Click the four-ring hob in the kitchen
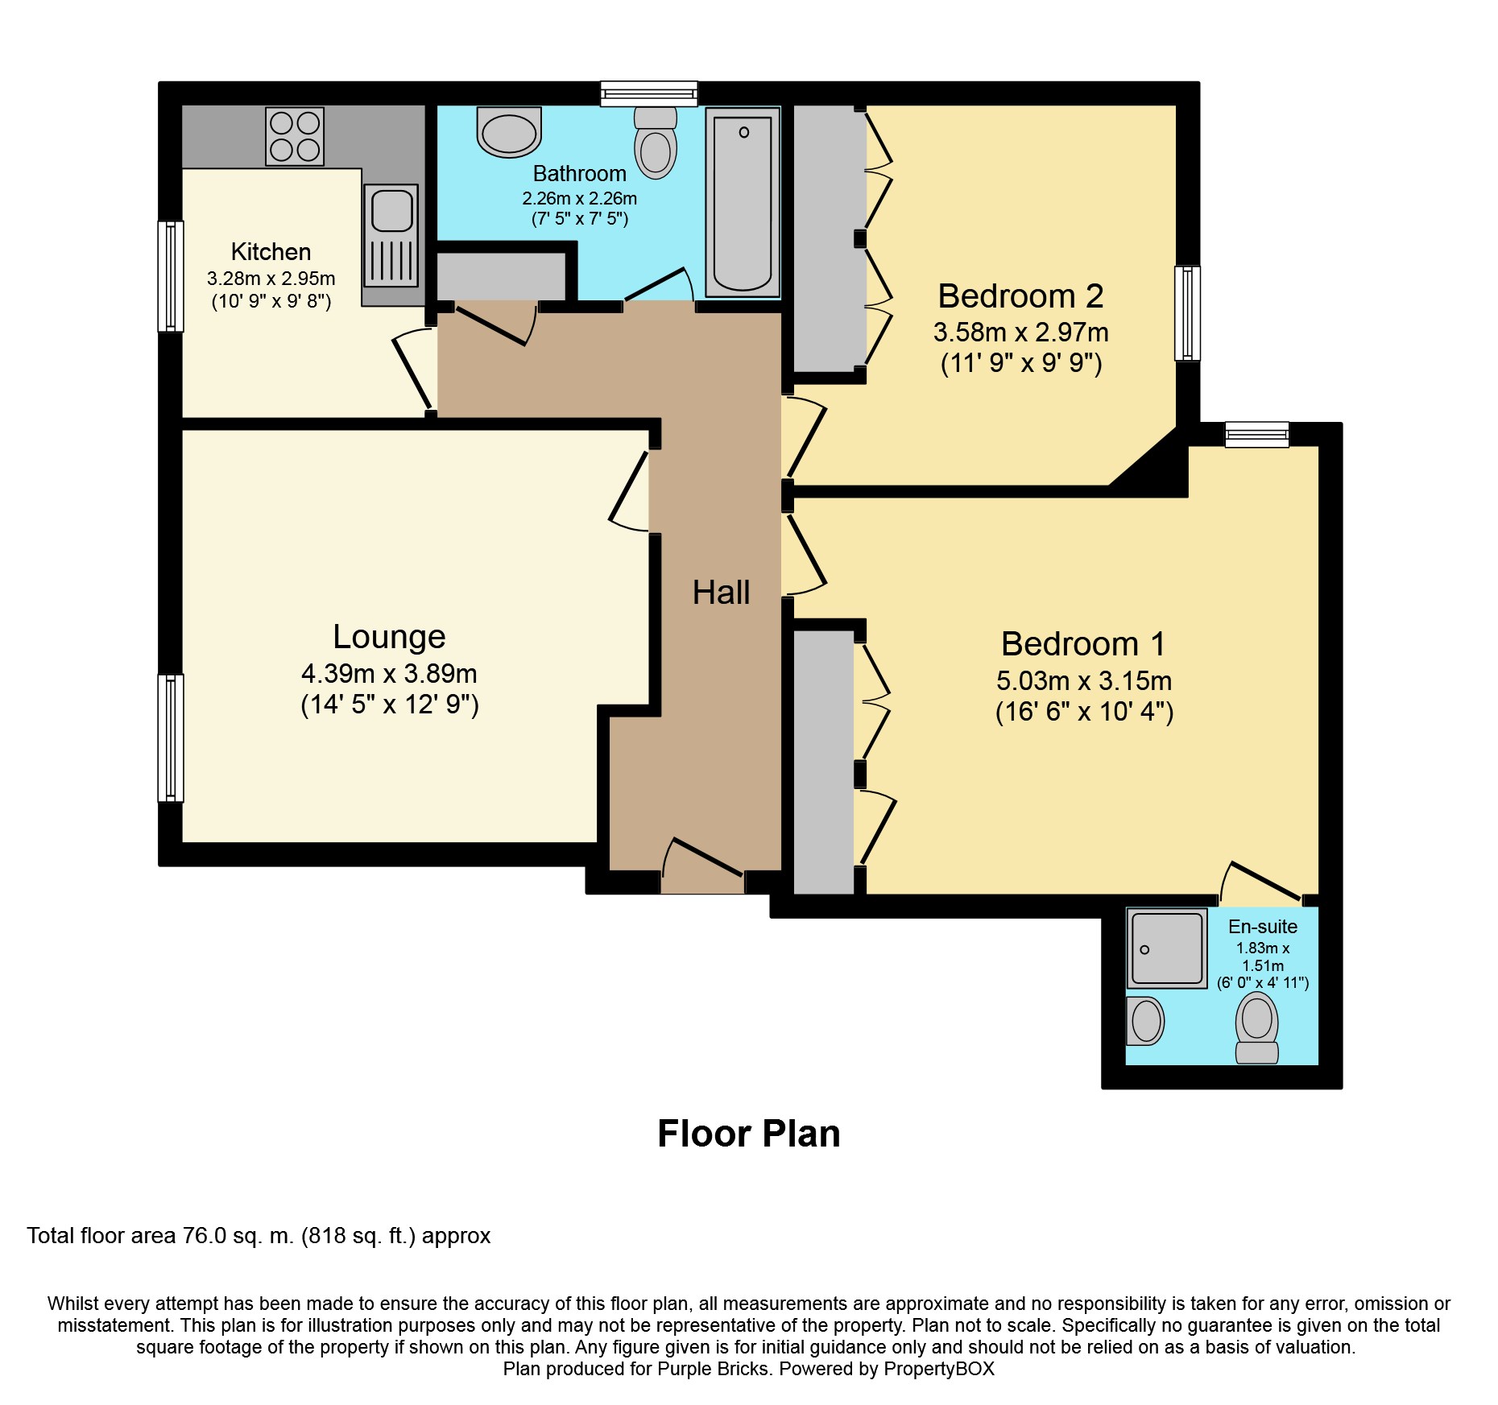(x=295, y=136)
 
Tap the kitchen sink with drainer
(x=391, y=235)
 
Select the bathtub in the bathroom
(x=743, y=202)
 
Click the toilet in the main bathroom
(x=656, y=143)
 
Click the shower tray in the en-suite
(x=1166, y=948)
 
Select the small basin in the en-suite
(x=1145, y=1021)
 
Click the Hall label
(x=721, y=593)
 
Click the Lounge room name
(x=389, y=636)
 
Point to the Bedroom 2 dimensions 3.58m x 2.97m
(x=1020, y=332)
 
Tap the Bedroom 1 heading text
(x=1083, y=643)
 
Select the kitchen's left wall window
(x=170, y=276)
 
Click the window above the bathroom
(x=648, y=93)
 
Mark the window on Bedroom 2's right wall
(x=1187, y=313)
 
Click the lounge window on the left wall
(x=170, y=738)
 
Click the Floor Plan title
(x=748, y=1134)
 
